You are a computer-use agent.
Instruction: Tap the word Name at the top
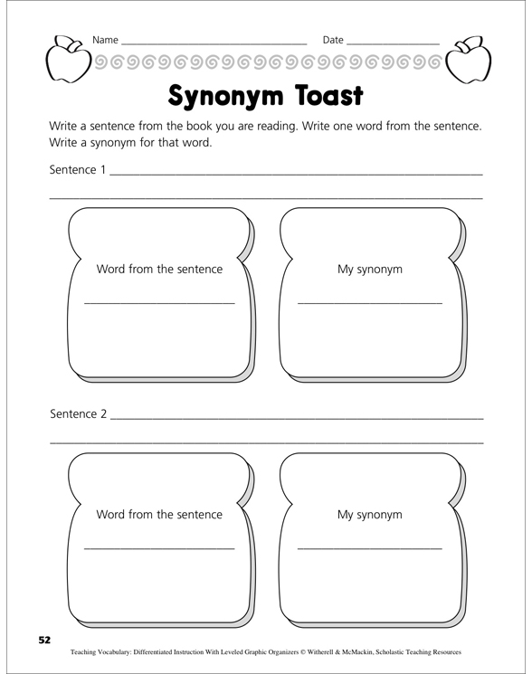click(105, 41)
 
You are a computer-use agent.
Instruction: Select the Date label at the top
click(333, 41)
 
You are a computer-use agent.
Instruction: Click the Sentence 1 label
click(78, 169)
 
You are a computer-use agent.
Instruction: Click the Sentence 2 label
click(78, 414)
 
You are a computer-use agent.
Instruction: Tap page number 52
click(43, 640)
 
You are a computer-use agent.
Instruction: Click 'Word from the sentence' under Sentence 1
click(159, 269)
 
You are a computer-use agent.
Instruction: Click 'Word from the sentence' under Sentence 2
click(159, 514)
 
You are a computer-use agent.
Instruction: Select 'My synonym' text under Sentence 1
click(369, 269)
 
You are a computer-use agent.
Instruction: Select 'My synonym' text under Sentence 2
click(369, 514)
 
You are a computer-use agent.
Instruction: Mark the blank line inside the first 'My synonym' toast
click(369, 302)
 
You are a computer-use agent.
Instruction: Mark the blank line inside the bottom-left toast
click(159, 547)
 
